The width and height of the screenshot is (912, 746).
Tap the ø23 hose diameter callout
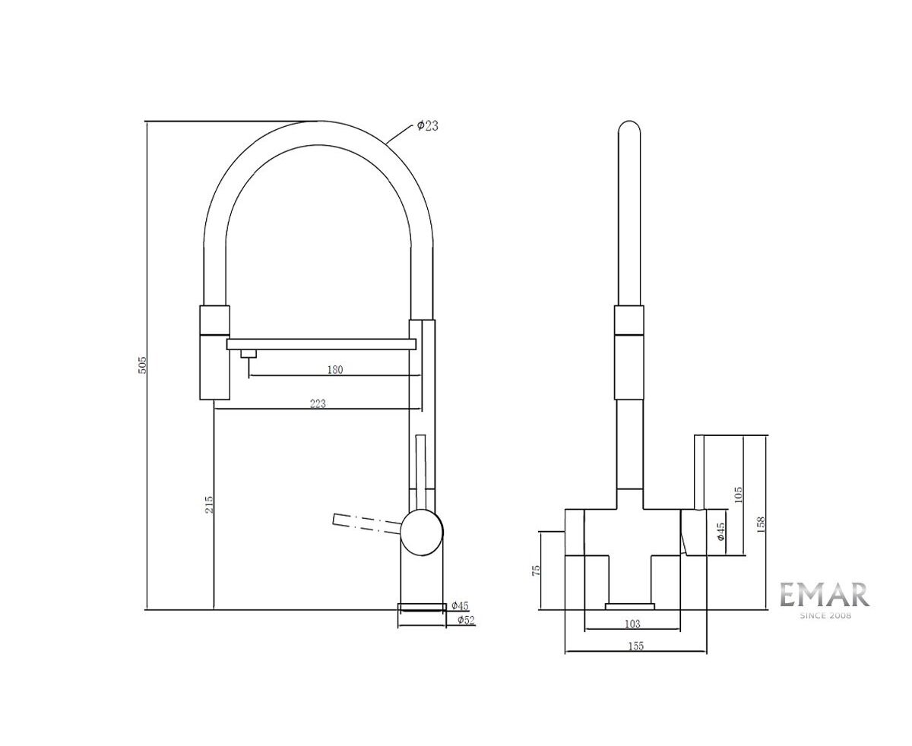click(428, 126)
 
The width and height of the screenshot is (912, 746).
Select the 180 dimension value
click(335, 370)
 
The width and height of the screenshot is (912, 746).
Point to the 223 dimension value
click(318, 404)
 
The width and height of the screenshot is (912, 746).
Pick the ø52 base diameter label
click(466, 621)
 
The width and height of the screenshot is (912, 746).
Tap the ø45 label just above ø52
click(460, 605)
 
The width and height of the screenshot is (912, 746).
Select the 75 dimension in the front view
click(537, 570)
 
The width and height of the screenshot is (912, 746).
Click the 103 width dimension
click(632, 624)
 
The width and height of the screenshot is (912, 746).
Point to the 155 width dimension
click(635, 646)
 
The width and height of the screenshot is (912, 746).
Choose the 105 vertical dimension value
click(739, 494)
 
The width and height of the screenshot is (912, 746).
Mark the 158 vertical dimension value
click(761, 524)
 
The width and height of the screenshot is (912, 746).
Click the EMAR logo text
click(825, 594)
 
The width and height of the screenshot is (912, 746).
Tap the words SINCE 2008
click(825, 615)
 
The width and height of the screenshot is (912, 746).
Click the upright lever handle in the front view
click(699, 471)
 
